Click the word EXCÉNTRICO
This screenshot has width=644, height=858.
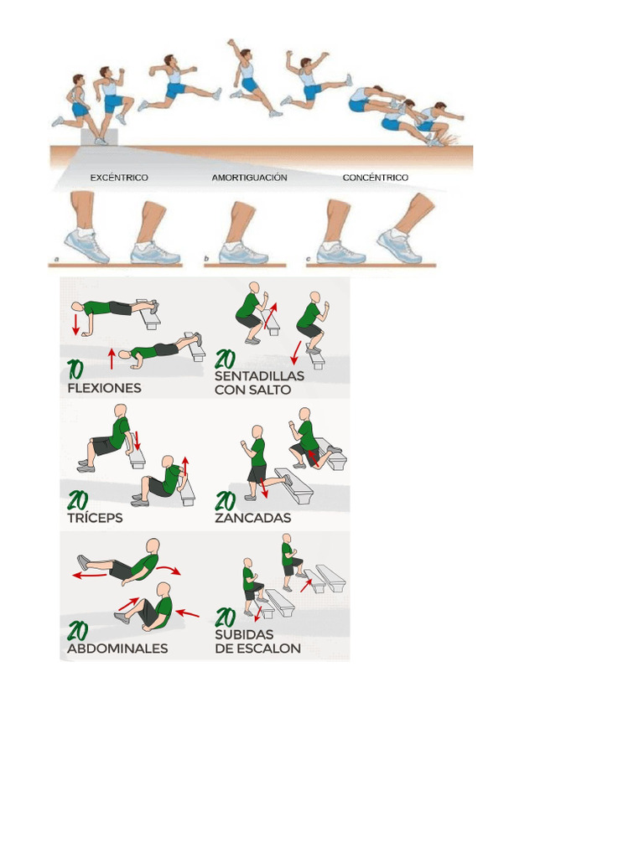[x=119, y=178]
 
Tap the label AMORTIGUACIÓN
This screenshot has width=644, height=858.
[x=249, y=178]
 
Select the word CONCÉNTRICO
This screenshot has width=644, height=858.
[x=376, y=178]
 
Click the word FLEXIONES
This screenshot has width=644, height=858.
[x=104, y=389]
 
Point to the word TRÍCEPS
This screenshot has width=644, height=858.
[x=95, y=519]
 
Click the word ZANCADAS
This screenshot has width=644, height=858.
[x=252, y=519]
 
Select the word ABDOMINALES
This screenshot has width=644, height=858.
[x=117, y=649]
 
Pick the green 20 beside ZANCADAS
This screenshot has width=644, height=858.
[x=226, y=501]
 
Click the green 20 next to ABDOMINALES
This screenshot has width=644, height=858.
[x=79, y=630]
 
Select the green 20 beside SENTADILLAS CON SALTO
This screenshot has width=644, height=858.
[x=226, y=359]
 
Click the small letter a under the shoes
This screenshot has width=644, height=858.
[x=56, y=261]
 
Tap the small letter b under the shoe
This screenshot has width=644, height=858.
[x=206, y=261]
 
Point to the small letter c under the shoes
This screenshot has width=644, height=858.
[x=309, y=261]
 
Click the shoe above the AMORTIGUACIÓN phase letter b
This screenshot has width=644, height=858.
[x=243, y=251]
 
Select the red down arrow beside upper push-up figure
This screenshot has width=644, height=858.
[x=76, y=323]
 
